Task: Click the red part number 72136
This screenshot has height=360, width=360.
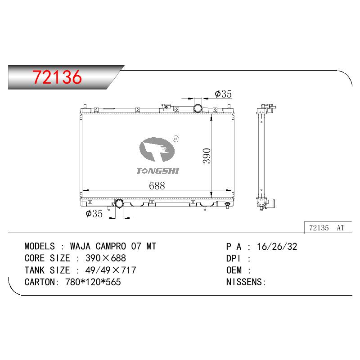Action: (57, 77)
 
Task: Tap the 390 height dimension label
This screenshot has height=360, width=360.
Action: (207, 156)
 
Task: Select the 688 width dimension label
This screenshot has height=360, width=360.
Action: (157, 186)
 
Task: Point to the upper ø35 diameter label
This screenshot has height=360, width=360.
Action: (223, 94)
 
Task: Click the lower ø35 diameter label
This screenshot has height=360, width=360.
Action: (94, 213)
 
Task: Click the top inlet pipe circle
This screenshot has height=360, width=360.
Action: (198, 108)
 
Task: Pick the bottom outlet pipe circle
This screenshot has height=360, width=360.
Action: (119, 204)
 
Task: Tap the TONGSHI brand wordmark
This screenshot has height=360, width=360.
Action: (158, 171)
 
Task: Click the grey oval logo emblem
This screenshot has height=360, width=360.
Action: (157, 149)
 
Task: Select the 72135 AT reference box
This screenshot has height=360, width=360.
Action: (328, 228)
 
